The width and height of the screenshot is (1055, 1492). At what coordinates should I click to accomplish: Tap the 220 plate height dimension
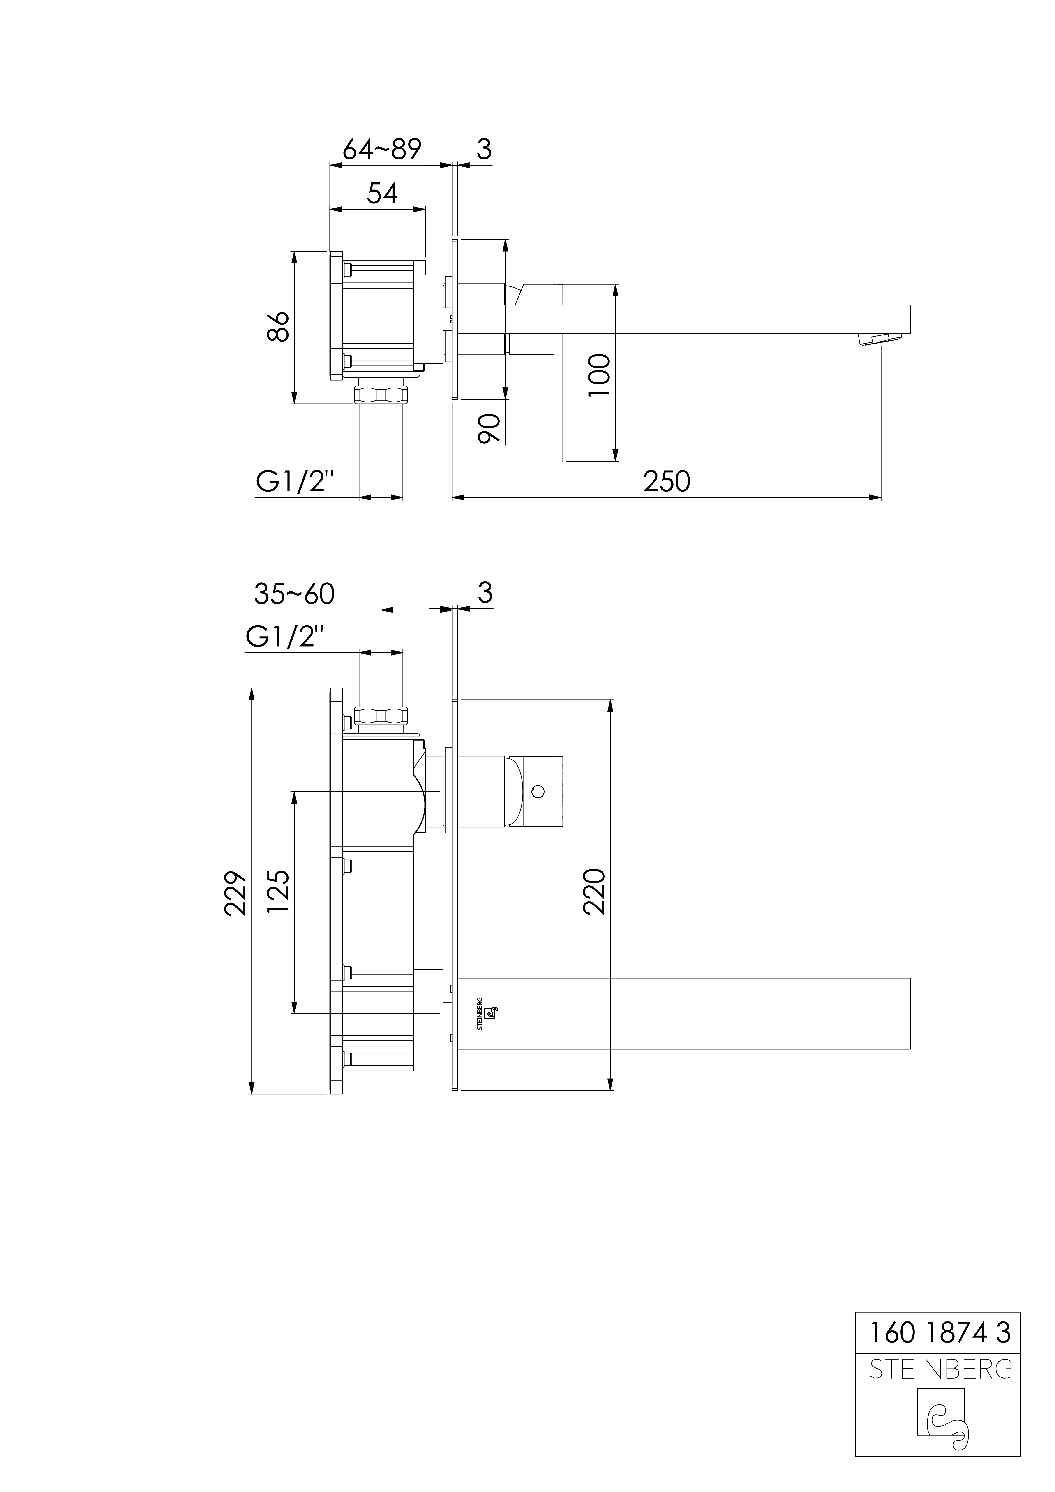click(594, 892)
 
